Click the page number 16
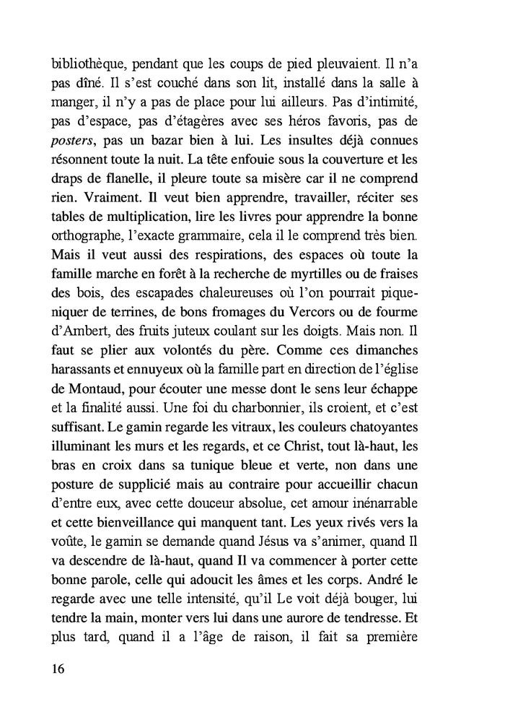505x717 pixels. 58,668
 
